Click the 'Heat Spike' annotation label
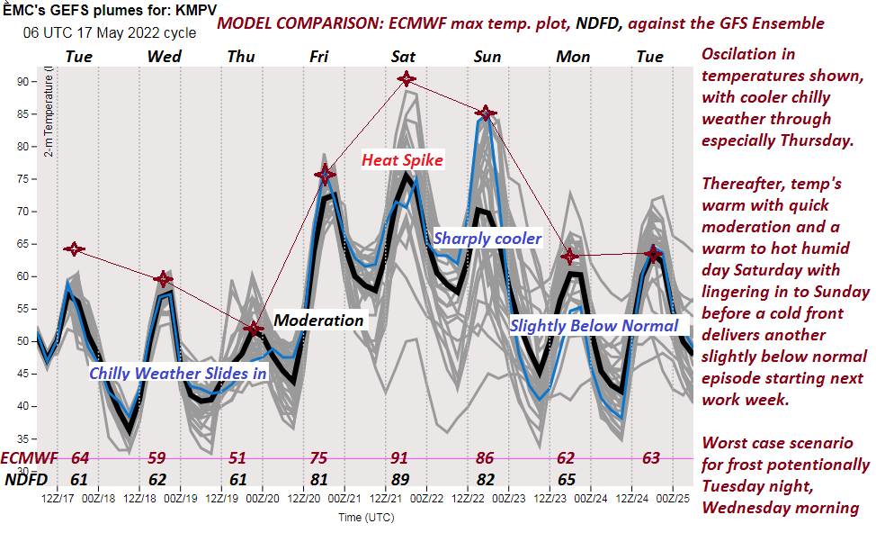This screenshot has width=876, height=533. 402,160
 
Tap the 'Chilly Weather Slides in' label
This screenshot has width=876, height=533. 169,372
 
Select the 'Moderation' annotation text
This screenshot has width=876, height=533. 318,321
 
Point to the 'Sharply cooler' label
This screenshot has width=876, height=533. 487,239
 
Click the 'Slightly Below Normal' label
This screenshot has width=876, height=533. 594,325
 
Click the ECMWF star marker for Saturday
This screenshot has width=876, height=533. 406,79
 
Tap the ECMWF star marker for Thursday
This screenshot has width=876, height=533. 254,330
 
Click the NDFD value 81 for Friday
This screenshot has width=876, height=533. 318,478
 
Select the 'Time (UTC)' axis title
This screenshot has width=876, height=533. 365,518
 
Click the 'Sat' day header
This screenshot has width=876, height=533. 403,57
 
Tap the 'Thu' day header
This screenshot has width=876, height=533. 240,57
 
